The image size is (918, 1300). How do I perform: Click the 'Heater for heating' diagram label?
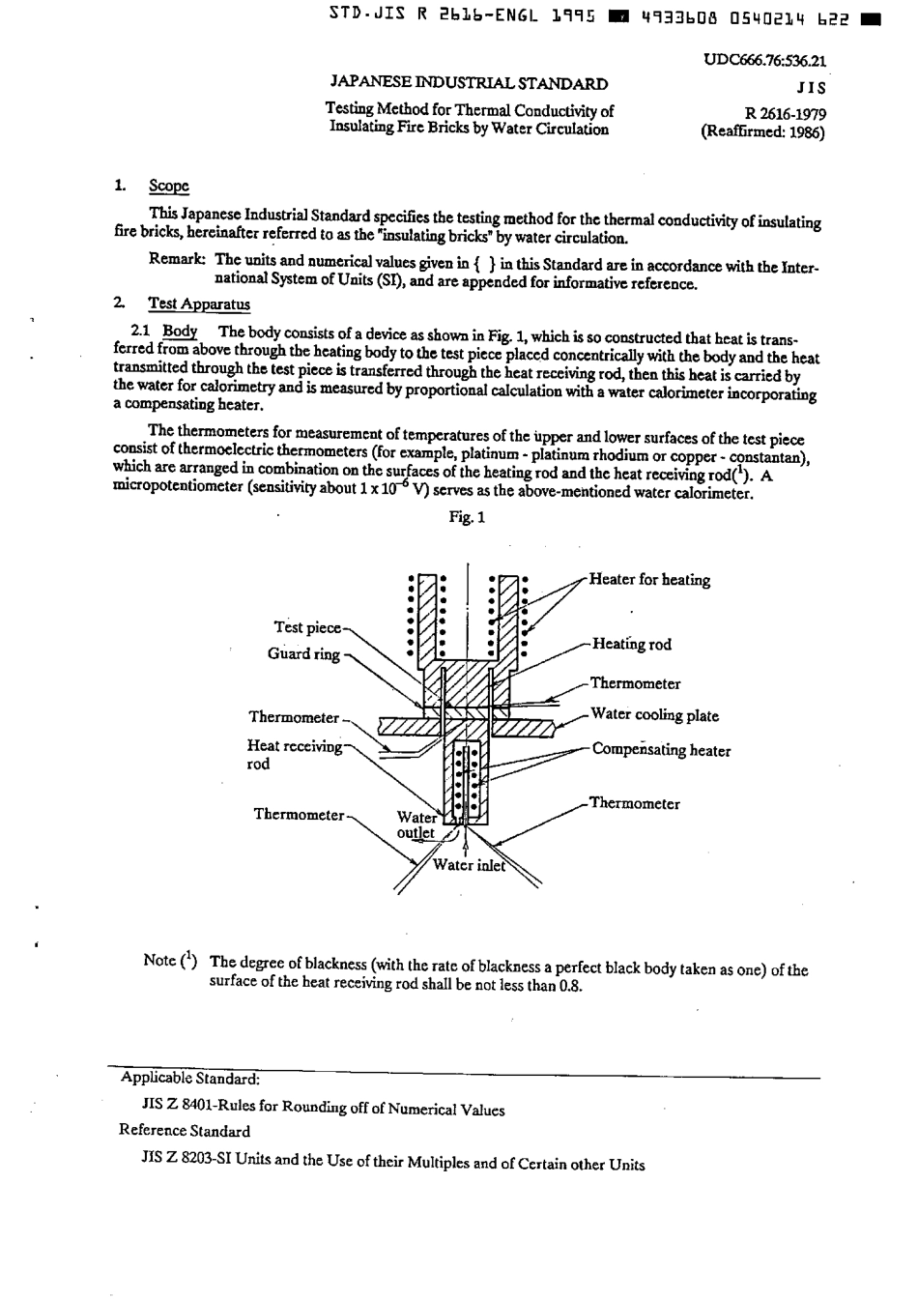click(x=649, y=580)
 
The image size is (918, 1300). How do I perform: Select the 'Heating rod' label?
click(x=631, y=645)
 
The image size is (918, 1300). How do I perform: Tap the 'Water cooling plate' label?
click(x=654, y=716)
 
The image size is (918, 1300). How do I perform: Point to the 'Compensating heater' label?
click(x=661, y=750)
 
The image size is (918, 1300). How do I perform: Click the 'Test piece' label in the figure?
click(x=307, y=628)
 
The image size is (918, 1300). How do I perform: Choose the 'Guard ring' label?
click(x=303, y=654)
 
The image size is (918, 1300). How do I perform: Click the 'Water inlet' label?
click(x=469, y=866)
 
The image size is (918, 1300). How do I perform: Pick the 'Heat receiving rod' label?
click(x=294, y=755)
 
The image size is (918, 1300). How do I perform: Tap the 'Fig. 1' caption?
click(x=467, y=518)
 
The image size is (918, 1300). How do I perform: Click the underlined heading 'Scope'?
click(x=168, y=187)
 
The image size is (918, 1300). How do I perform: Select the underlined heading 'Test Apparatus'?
click(x=199, y=304)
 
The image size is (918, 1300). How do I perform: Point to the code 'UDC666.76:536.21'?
click(x=764, y=61)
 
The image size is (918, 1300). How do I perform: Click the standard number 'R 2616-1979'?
click(x=786, y=114)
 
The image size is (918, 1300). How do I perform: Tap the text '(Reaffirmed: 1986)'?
click(x=762, y=132)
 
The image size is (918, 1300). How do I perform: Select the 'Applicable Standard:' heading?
click(x=189, y=1079)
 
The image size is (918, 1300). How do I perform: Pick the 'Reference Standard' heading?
click(x=185, y=1131)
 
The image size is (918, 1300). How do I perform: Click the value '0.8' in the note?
click(x=571, y=986)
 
